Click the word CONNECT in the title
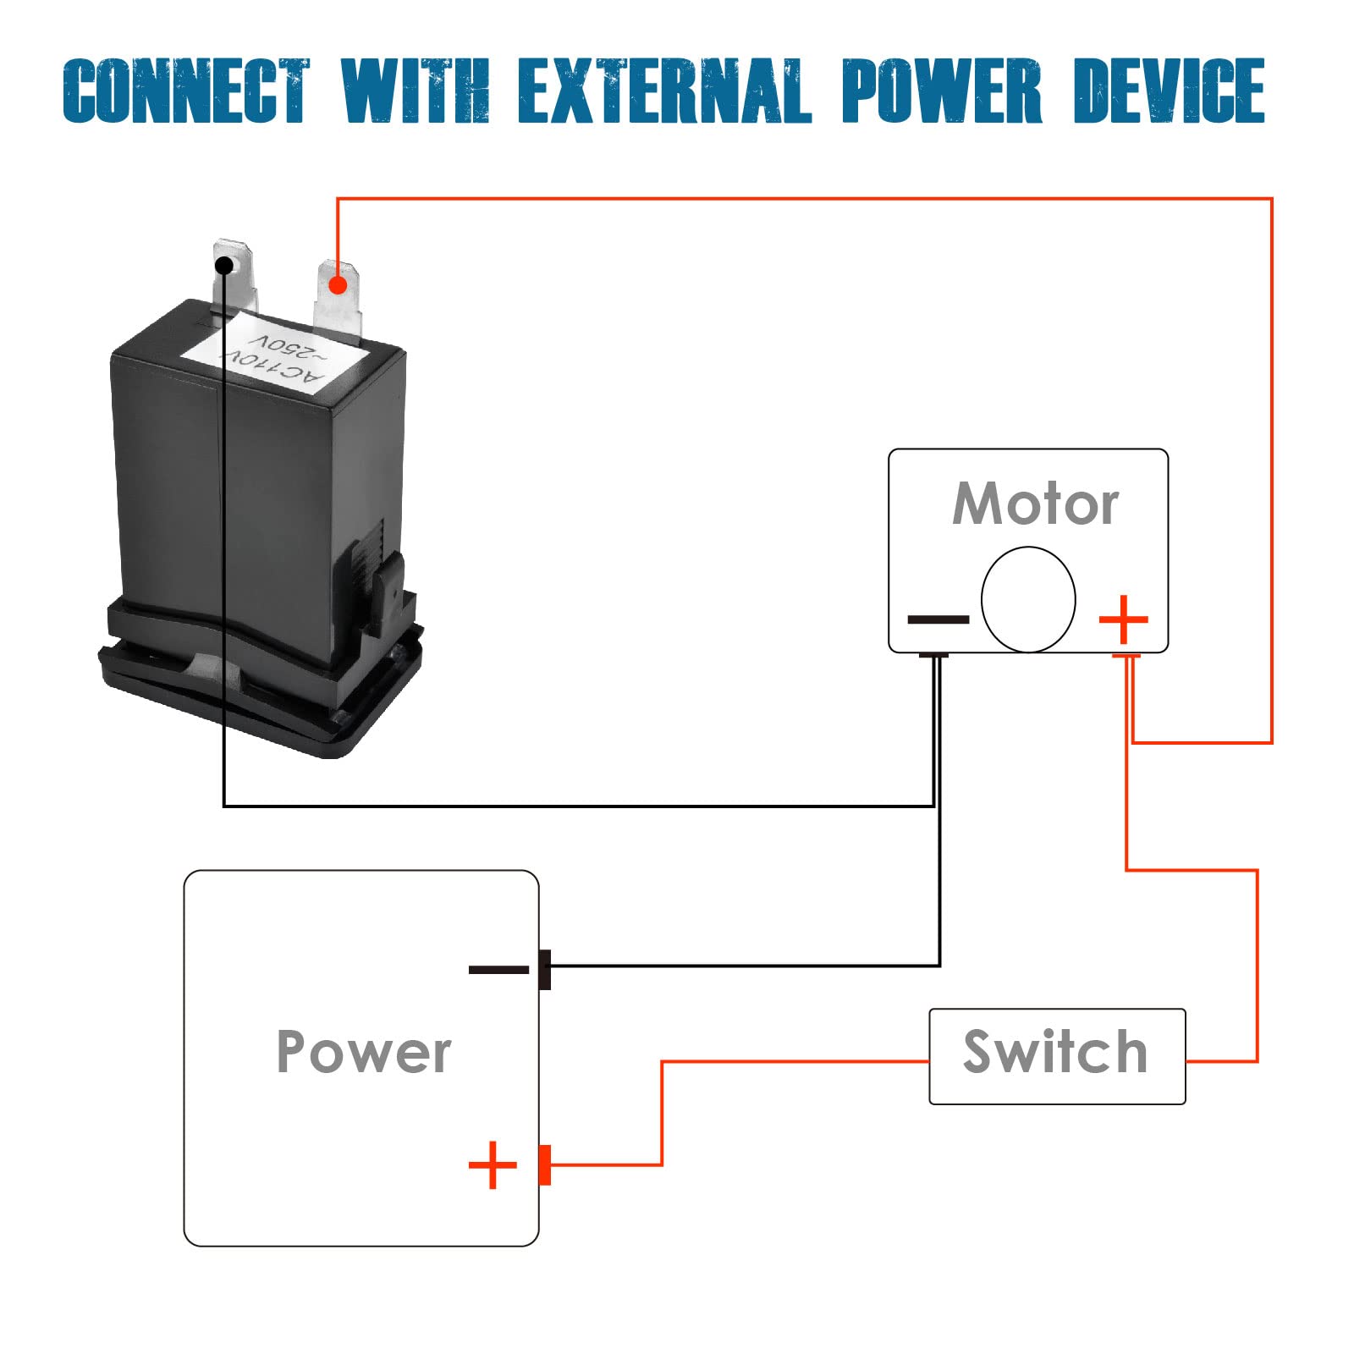186,91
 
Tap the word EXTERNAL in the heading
664,91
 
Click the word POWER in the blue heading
941,91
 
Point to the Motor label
1035,504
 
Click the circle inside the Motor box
1028,599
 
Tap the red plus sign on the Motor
1123,619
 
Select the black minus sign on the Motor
938,620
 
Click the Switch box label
1056,1053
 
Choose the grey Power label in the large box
364,1053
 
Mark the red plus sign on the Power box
493,1165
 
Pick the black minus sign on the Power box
498,970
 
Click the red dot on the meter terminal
338,284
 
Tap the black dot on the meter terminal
224,266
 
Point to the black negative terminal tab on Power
545,970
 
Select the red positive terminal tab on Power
545,1165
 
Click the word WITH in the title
416,91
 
